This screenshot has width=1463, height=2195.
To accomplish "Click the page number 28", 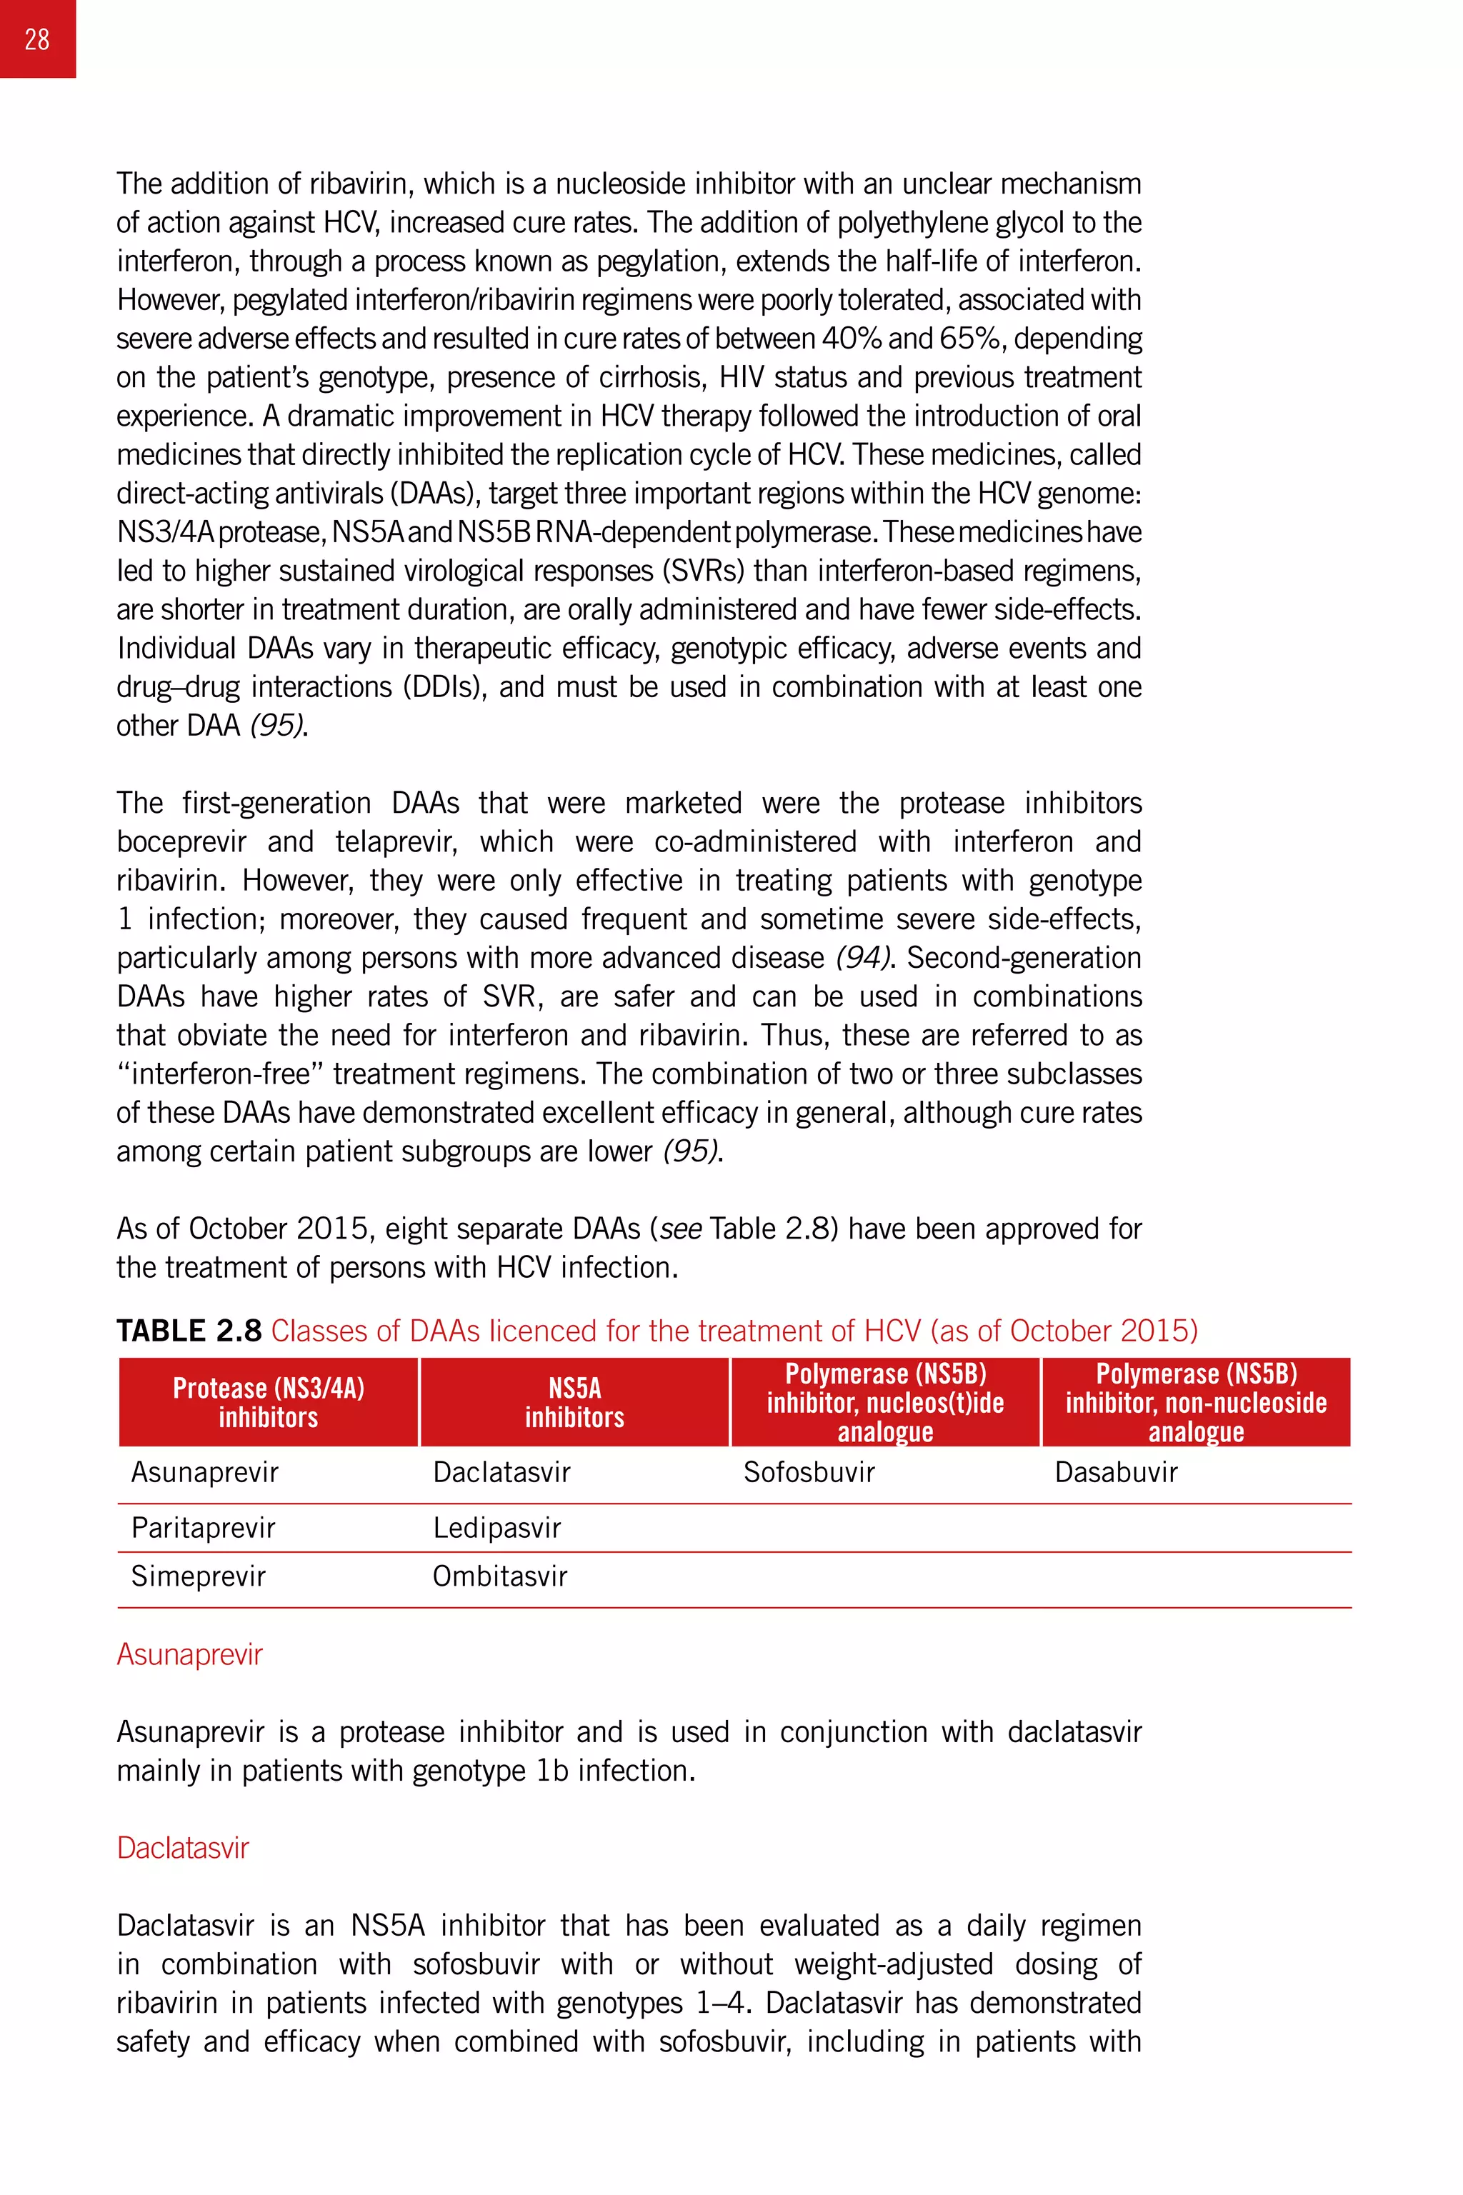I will pos(37,39).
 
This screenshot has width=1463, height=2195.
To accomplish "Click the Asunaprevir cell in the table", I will pos(204,1472).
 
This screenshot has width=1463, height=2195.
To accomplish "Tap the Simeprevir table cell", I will pos(198,1576).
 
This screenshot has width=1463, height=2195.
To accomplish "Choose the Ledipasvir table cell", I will pos(496,1527).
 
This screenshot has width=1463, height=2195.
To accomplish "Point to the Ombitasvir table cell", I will pos(499,1576).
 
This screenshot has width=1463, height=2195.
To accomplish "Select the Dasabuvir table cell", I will pos(1116,1472).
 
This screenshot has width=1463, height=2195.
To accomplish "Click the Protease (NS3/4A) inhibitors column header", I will pos(269,1402).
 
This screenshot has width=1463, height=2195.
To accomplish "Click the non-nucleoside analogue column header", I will pos(1196,1402).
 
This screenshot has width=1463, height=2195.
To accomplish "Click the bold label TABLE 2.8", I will pos(189,1330).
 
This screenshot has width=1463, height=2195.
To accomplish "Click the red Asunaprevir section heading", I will pos(189,1654).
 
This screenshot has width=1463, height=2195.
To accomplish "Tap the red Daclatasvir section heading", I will pos(183,1847).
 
